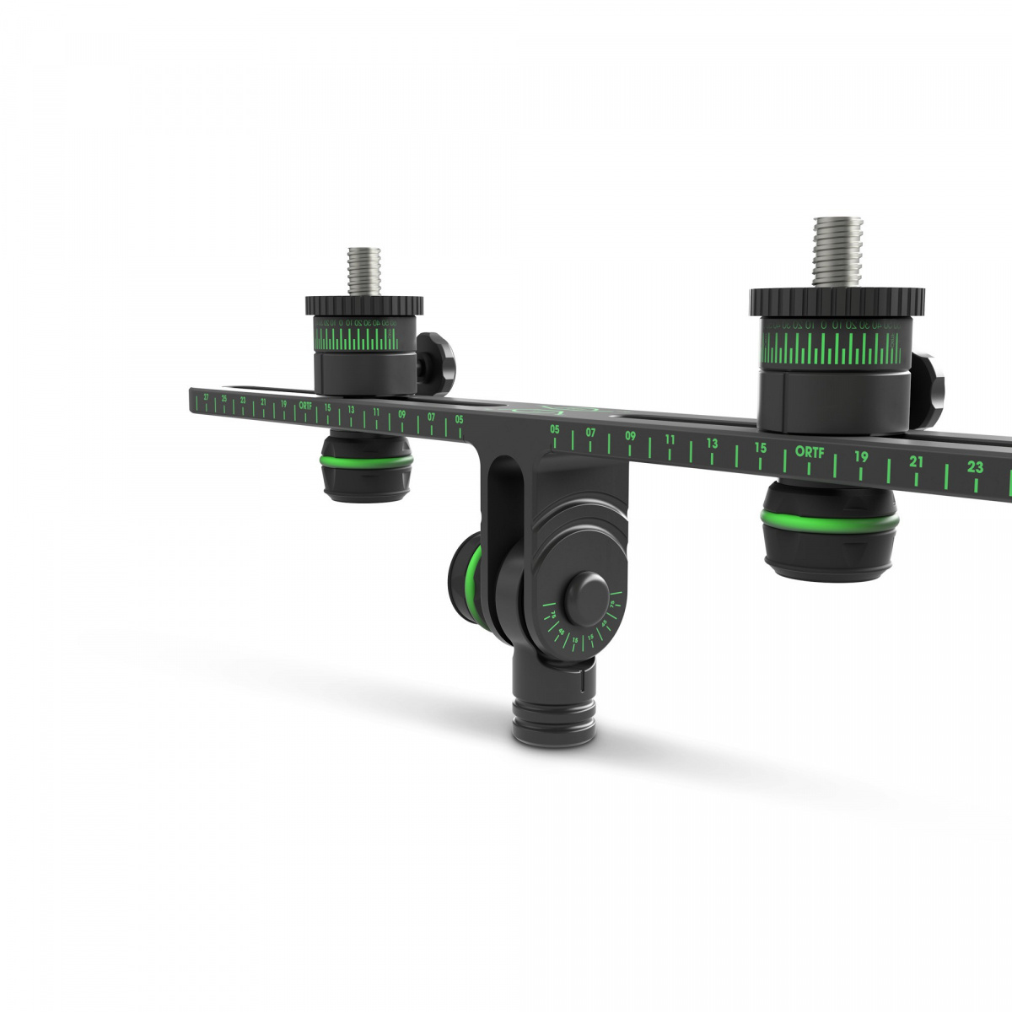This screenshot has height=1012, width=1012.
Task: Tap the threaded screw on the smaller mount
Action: pyautogui.click(x=363, y=271)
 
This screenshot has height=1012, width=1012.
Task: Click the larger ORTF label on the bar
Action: pyautogui.click(x=811, y=451)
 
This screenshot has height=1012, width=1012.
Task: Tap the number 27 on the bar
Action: pyautogui.click(x=207, y=395)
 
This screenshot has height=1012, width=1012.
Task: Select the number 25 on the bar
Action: pyautogui.click(x=224, y=397)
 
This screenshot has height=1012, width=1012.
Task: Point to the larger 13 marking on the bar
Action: pyautogui.click(x=713, y=443)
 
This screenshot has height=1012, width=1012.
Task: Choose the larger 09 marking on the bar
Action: pyautogui.click(x=630, y=436)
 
